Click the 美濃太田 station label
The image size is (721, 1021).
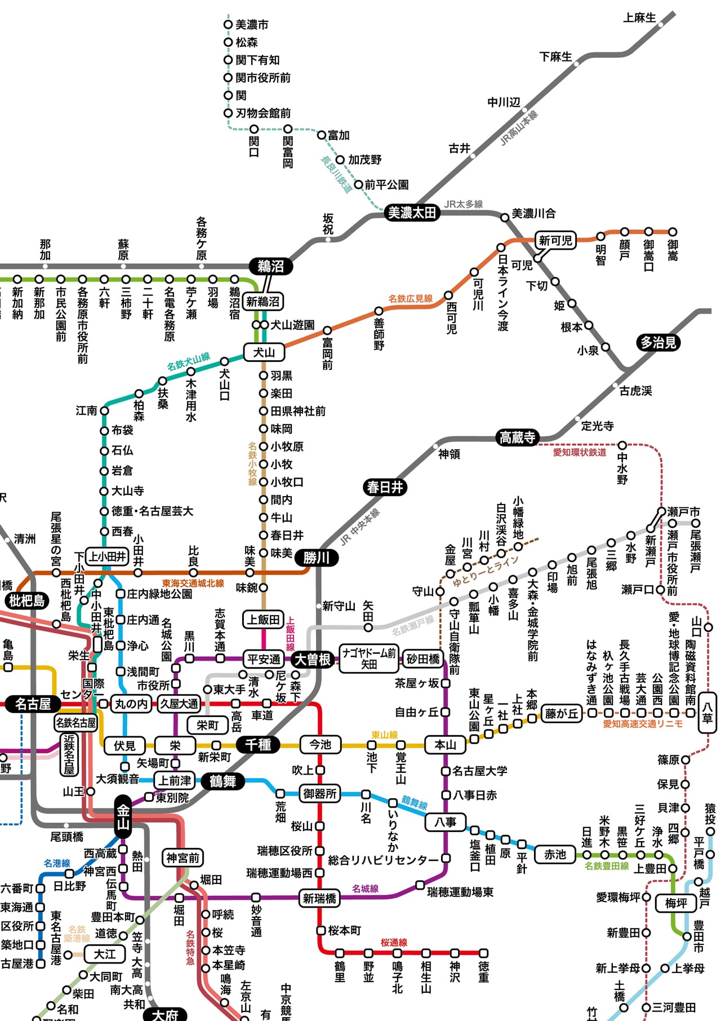tap(412, 213)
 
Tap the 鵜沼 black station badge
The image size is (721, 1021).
tap(271, 266)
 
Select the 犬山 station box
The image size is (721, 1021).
tap(264, 352)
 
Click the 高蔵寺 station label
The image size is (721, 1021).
tap(517, 437)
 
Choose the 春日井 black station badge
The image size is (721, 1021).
tap(385, 487)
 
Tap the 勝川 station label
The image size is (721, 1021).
tap(317, 558)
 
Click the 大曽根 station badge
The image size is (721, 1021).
tap(313, 659)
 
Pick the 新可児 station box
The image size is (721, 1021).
tap(555, 241)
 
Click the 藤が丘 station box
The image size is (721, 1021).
tap(561, 714)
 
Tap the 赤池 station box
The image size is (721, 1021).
tap(555, 855)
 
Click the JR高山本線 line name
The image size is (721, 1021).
tap(519, 128)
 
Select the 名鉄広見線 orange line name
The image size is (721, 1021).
tap(411, 298)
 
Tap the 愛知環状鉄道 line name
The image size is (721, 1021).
tap(580, 452)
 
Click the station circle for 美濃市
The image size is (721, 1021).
tap(228, 24)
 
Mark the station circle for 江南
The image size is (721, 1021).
tap(104, 411)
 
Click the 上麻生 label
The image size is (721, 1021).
tap(639, 18)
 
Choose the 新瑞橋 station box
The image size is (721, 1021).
tap(319, 898)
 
